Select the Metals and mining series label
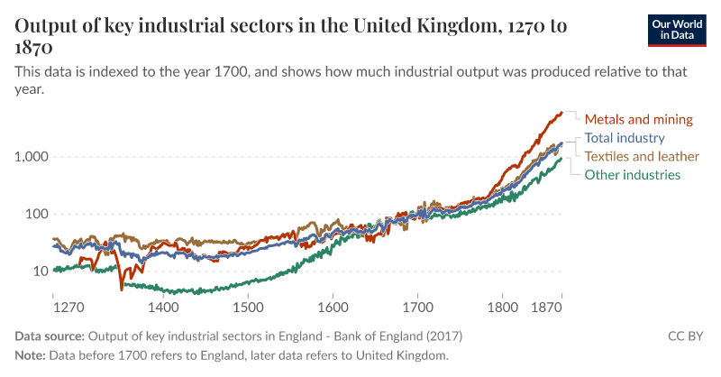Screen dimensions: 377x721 638,119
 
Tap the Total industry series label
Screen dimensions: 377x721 625,138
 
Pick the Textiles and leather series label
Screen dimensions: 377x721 642,156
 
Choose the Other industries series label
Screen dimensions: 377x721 633,175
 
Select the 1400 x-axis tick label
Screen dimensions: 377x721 163,307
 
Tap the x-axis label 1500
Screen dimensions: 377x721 248,307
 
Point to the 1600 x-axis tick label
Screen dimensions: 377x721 333,307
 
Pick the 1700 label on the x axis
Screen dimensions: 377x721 417,307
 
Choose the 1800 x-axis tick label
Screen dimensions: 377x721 502,307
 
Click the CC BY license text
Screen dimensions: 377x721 689,336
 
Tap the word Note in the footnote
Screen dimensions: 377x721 30,355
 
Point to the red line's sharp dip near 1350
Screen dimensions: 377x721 122,289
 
